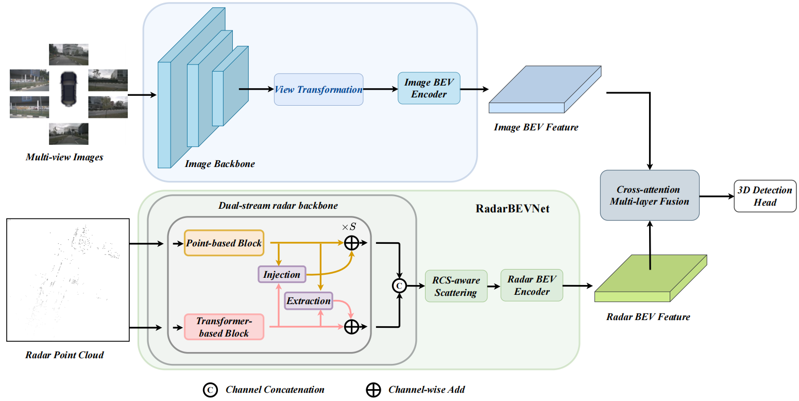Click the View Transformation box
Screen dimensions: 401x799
point(318,90)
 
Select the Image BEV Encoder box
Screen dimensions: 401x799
point(429,88)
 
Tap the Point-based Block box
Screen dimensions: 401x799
point(224,243)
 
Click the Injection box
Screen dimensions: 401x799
point(281,274)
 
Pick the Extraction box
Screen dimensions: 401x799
point(308,300)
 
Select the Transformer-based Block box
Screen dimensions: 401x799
point(224,327)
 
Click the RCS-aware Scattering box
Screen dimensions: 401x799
point(456,287)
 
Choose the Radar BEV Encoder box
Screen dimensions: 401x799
point(531,285)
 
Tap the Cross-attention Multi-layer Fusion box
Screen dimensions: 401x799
point(649,196)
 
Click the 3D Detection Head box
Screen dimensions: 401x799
point(764,196)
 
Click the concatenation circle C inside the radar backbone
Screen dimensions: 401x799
point(399,285)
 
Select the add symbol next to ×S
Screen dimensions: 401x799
point(351,243)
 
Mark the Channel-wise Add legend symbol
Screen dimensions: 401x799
point(373,390)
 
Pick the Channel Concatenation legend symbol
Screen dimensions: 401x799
point(210,390)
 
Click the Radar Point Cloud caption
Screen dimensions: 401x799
point(64,355)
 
